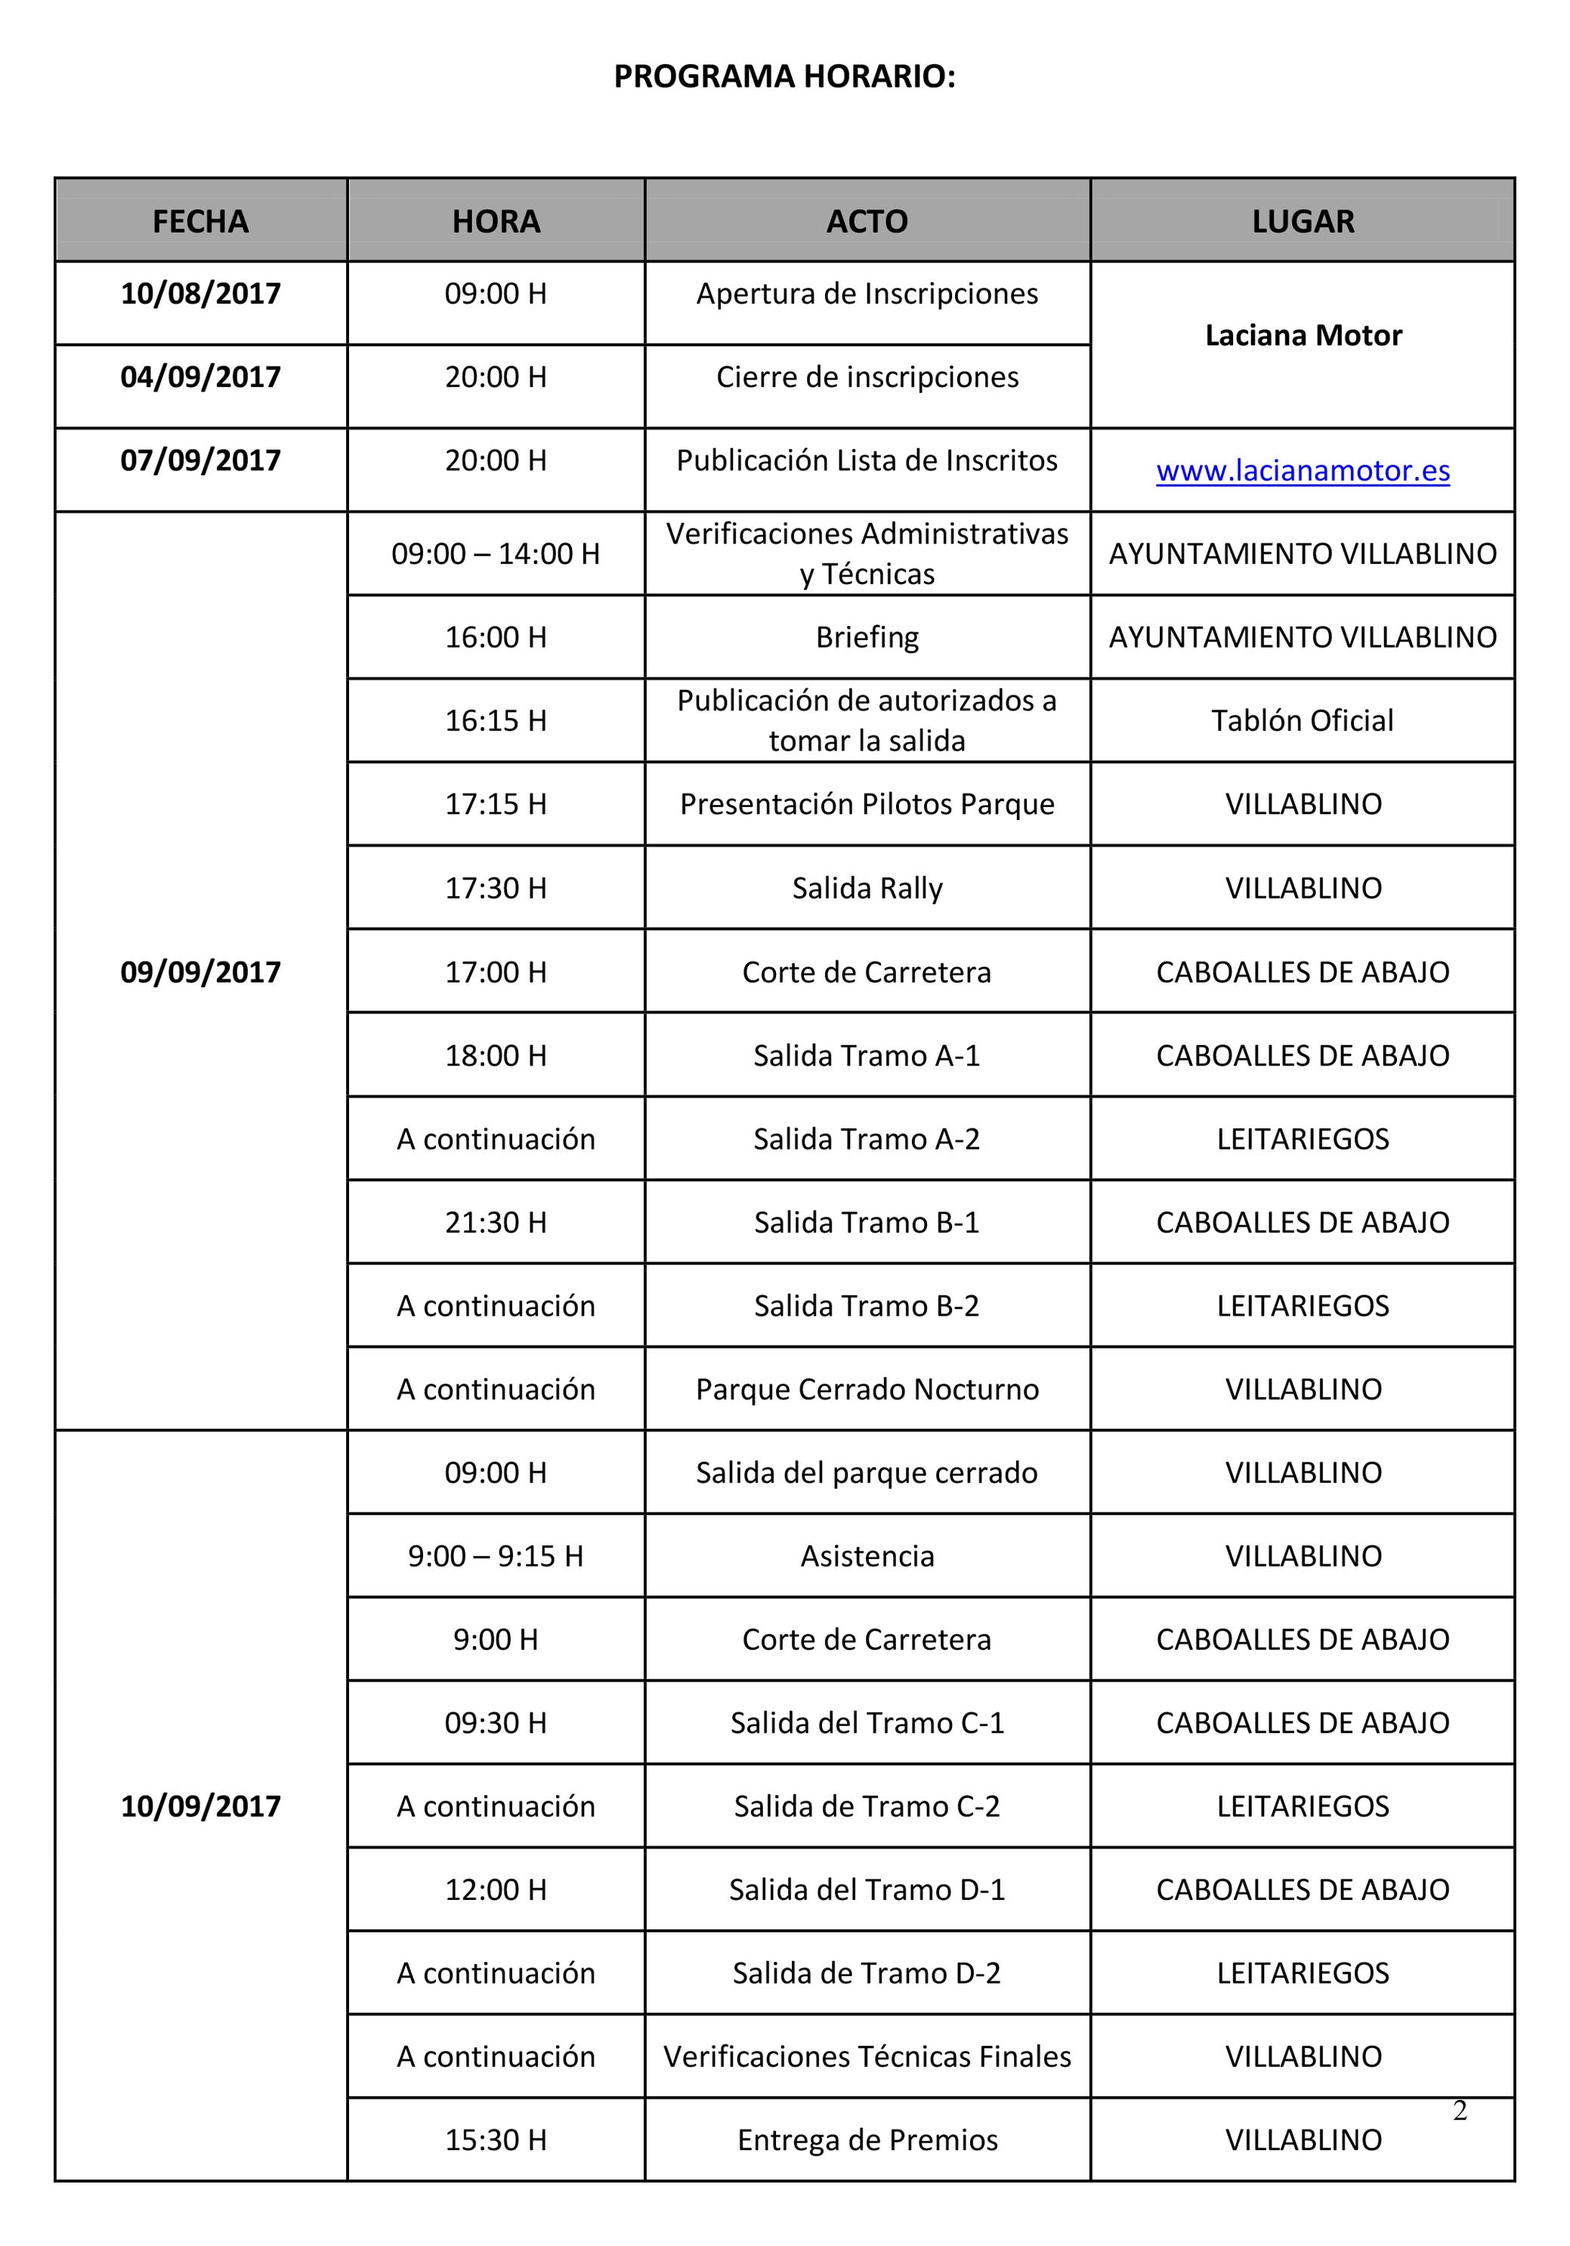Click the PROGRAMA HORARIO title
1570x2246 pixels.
tap(783, 76)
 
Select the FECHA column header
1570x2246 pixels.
tap(200, 222)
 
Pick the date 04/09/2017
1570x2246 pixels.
tap(200, 376)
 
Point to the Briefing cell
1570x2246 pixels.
tap(867, 637)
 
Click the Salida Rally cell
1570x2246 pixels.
tap(867, 887)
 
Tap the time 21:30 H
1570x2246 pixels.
tap(495, 1222)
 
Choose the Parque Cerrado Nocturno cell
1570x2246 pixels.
tap(867, 1388)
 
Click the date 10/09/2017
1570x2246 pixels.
tap(200, 1806)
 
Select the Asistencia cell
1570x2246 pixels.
tap(867, 1555)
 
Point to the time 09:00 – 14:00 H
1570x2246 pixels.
tap(495, 554)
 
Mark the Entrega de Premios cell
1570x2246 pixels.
tap(867, 2139)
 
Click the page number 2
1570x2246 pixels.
tap(1460, 2111)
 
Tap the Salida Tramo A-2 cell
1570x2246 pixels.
tap(867, 1139)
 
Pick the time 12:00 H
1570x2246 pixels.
tap(495, 1889)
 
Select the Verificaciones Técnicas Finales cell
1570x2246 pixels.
tap(867, 2056)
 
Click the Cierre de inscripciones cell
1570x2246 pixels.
tap(867, 376)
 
